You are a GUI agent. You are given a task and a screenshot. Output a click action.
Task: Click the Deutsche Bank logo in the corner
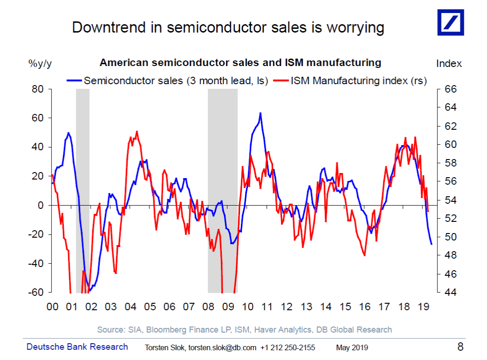pyautogui.click(x=450, y=22)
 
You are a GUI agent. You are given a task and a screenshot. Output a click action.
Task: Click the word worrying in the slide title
pyautogui.click(x=355, y=27)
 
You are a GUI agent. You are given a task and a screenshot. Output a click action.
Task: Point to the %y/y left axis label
pyautogui.click(x=40, y=63)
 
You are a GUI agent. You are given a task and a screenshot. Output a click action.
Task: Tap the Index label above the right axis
pyautogui.click(x=449, y=63)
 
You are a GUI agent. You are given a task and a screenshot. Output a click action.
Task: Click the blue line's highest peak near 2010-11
pyautogui.click(x=260, y=113)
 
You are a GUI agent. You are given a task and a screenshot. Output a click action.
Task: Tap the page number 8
pyautogui.click(x=460, y=347)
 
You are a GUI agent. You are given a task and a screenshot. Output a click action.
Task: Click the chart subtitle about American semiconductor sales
pyautogui.click(x=240, y=62)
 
